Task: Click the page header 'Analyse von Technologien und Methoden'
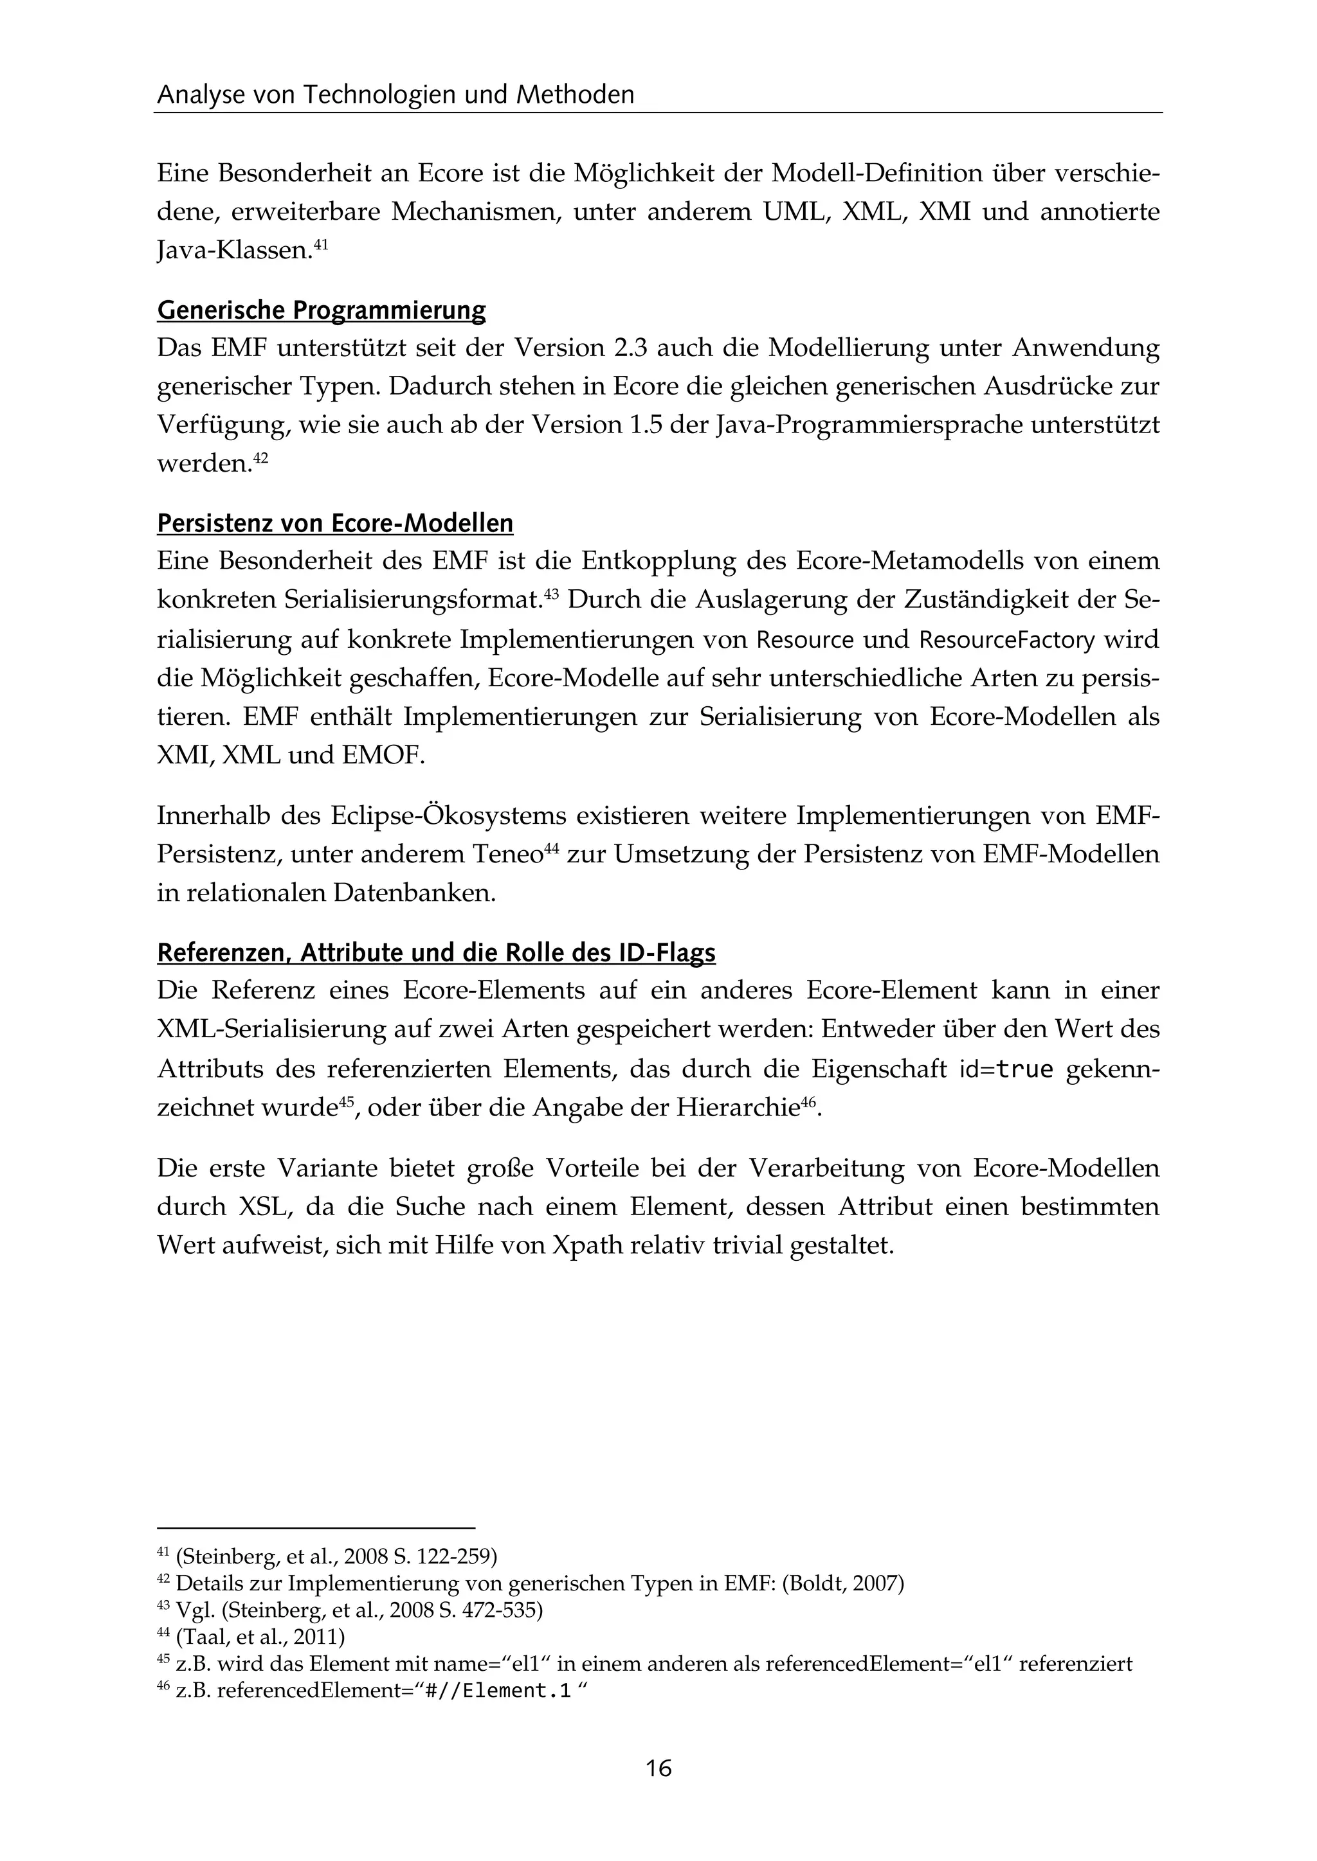(x=395, y=95)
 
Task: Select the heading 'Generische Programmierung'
(x=321, y=310)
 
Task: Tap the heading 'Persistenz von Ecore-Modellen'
(x=335, y=523)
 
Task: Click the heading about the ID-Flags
(x=436, y=952)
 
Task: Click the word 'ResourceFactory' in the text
(x=1006, y=640)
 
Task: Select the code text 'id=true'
(x=1006, y=1070)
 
